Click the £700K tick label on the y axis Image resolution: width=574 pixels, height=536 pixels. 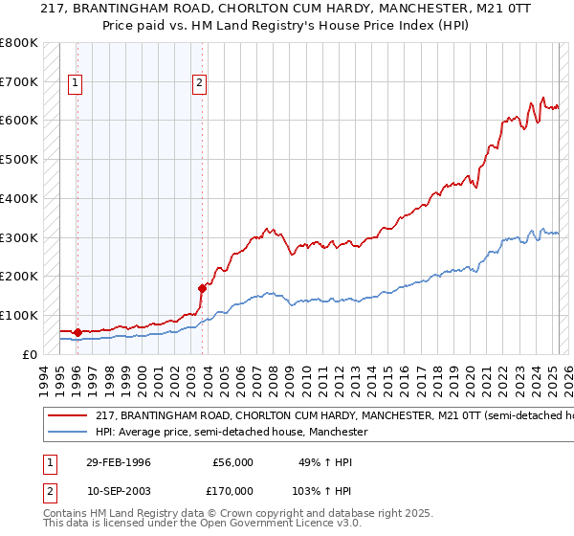pos(19,82)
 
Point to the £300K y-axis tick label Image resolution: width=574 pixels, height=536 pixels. pos(19,237)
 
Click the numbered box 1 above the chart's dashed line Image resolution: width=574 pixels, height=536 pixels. pos(76,83)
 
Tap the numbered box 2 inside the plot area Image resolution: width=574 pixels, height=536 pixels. pos(199,83)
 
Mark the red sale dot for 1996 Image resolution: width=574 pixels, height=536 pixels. pos(77,332)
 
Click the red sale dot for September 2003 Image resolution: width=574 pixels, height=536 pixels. pos(202,287)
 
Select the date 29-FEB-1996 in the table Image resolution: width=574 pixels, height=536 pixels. pos(119,462)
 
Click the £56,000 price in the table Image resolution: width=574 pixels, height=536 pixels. pos(233,462)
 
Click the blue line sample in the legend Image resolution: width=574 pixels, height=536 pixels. pos(67,433)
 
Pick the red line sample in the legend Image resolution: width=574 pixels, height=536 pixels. pos(67,416)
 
